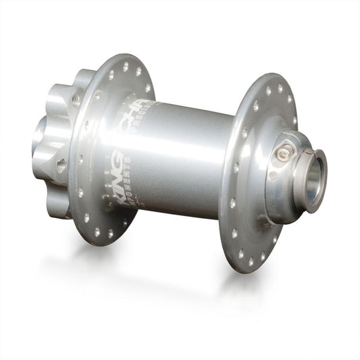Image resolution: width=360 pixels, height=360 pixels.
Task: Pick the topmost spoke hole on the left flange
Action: (x=125, y=66)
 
